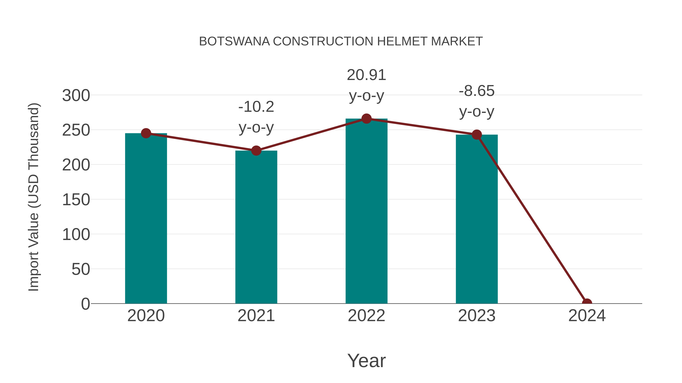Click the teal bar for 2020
point(146,219)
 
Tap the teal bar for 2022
point(366,211)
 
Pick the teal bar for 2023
point(477,219)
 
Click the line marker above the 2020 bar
point(146,133)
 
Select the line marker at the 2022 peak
point(366,119)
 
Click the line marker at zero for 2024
point(587,303)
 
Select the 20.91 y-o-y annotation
point(366,85)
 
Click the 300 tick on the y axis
point(76,96)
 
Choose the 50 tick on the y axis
point(81,269)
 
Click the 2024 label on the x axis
point(587,316)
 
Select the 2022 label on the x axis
point(366,316)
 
